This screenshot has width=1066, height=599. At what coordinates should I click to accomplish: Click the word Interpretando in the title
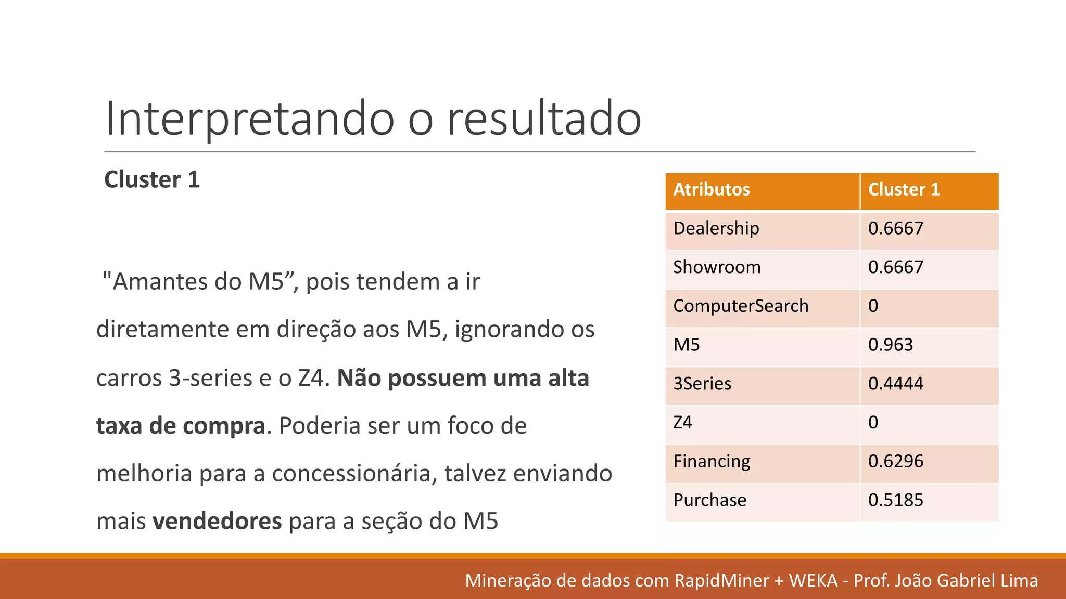(x=249, y=119)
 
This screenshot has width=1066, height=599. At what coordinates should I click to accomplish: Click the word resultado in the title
(x=544, y=119)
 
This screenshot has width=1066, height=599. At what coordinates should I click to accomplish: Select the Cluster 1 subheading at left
(x=152, y=180)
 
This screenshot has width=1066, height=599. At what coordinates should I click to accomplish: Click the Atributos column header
(x=712, y=189)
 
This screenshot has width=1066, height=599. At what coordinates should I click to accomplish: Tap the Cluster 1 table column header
(x=904, y=189)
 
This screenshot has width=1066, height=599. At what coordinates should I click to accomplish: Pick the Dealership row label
(x=716, y=228)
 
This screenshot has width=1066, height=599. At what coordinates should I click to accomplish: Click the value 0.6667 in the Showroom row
(x=895, y=267)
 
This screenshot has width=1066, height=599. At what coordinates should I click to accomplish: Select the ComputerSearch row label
(x=740, y=306)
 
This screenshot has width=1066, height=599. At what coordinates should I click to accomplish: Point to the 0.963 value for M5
(x=890, y=345)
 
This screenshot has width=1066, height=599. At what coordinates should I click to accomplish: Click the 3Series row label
(x=702, y=384)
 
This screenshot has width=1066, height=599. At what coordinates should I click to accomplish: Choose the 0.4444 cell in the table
(x=895, y=384)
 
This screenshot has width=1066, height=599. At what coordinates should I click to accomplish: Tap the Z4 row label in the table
(x=682, y=422)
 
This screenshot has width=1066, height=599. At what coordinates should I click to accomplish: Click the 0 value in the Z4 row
(x=873, y=422)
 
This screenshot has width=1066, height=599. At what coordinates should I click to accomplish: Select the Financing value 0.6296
(x=895, y=461)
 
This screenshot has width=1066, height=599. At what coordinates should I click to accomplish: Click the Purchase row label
(x=709, y=500)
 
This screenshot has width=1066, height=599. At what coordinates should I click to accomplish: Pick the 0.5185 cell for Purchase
(x=895, y=500)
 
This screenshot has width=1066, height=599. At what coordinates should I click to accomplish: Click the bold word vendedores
(x=217, y=521)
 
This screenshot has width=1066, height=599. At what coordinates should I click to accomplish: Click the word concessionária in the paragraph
(x=354, y=474)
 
